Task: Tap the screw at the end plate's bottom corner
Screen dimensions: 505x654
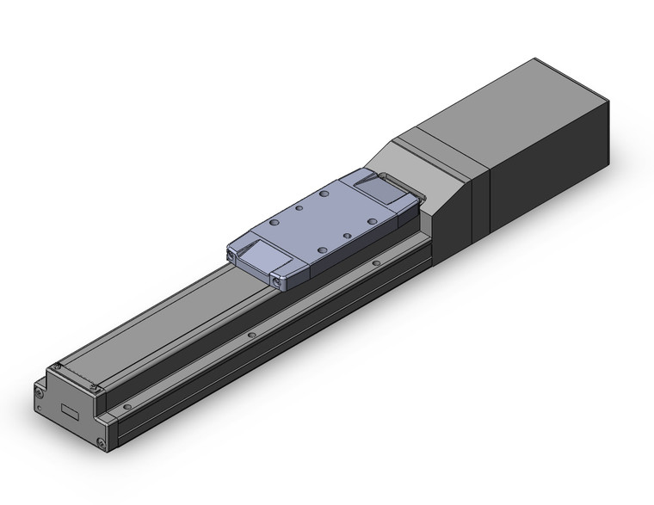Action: tap(102, 443)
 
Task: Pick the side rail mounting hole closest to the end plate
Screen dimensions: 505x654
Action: tap(127, 405)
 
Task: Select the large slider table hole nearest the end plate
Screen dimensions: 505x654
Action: tap(275, 221)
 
